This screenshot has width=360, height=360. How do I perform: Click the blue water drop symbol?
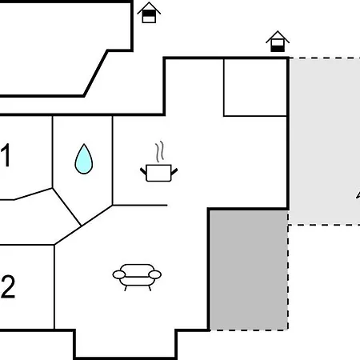84,159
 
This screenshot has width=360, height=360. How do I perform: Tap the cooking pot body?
158,173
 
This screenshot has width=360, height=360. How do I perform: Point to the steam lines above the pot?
159,151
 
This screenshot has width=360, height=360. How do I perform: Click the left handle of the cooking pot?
143,171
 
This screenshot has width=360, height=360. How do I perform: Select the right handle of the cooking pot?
174,171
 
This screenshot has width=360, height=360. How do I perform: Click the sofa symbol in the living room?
137,277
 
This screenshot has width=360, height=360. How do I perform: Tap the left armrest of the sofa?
119,274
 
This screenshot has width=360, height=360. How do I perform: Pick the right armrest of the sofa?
155,274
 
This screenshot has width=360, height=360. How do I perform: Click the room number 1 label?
6,155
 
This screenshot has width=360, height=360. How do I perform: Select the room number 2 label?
8,286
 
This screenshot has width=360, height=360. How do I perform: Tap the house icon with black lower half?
278,42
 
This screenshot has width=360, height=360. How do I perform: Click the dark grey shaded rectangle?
249,270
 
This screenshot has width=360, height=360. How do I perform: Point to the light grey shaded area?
325,142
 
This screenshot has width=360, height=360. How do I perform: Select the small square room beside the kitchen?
255,87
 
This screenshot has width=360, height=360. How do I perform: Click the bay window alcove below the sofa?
126,344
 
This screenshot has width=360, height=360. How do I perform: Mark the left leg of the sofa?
126,288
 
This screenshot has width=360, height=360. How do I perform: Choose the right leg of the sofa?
150,288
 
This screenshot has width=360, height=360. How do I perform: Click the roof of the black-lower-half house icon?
278,36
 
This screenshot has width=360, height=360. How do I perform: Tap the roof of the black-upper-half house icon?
149,7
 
